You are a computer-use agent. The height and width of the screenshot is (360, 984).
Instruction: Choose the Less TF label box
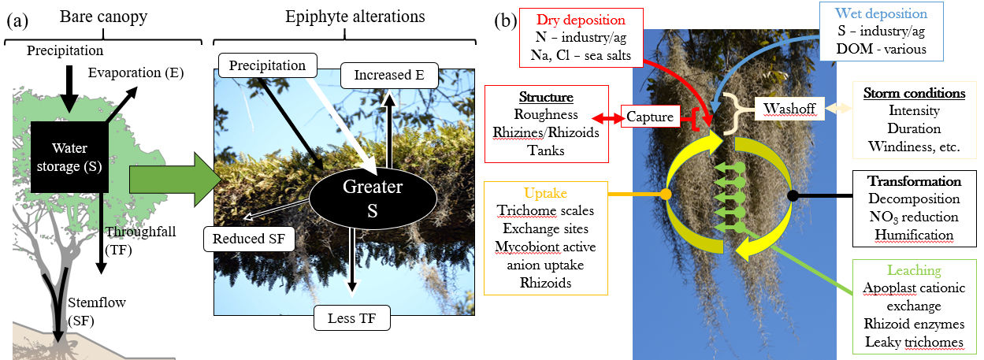pyautogui.click(x=352, y=318)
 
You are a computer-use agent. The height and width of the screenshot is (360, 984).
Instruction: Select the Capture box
pyautogui.click(x=650, y=117)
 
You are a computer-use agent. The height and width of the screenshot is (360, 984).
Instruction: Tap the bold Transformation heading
pyautogui.click(x=915, y=181)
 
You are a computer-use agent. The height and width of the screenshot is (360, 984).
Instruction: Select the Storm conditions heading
pyautogui.click(x=914, y=94)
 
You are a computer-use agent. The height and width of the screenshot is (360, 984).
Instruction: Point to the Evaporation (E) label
pyautogui.click(x=136, y=73)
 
